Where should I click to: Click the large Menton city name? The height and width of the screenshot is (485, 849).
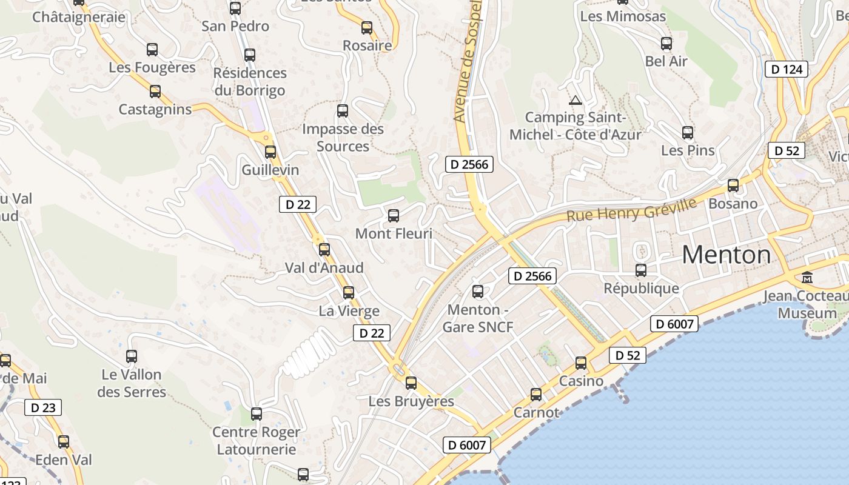point(726,255)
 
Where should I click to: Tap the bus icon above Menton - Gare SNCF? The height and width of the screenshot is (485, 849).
point(478,292)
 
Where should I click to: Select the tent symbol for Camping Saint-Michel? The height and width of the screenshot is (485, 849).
point(575,99)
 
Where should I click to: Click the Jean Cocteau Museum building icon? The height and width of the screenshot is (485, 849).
point(807,278)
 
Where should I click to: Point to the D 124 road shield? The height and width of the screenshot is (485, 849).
point(787,69)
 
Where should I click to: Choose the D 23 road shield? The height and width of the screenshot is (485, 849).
point(43,407)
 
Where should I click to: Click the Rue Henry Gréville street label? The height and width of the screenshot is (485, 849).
point(631,209)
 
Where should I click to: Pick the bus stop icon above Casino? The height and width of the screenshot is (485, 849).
point(581,363)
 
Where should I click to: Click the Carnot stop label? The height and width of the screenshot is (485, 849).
point(536,412)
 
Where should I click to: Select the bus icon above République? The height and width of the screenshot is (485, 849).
point(641,270)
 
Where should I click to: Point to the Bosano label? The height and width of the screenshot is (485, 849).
point(733,203)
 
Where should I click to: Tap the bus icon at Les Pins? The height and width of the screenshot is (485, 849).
point(687,133)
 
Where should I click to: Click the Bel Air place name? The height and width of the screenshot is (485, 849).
point(666,61)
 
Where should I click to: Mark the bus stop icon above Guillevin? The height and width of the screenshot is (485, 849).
point(270,152)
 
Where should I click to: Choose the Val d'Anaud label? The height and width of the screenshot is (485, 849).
point(324,267)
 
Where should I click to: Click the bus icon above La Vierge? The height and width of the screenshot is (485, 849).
point(349,293)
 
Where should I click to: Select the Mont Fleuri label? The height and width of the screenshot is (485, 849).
point(394,233)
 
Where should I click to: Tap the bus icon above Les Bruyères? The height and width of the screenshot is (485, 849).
point(411,383)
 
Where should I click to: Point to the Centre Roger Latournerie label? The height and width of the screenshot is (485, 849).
point(257,441)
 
